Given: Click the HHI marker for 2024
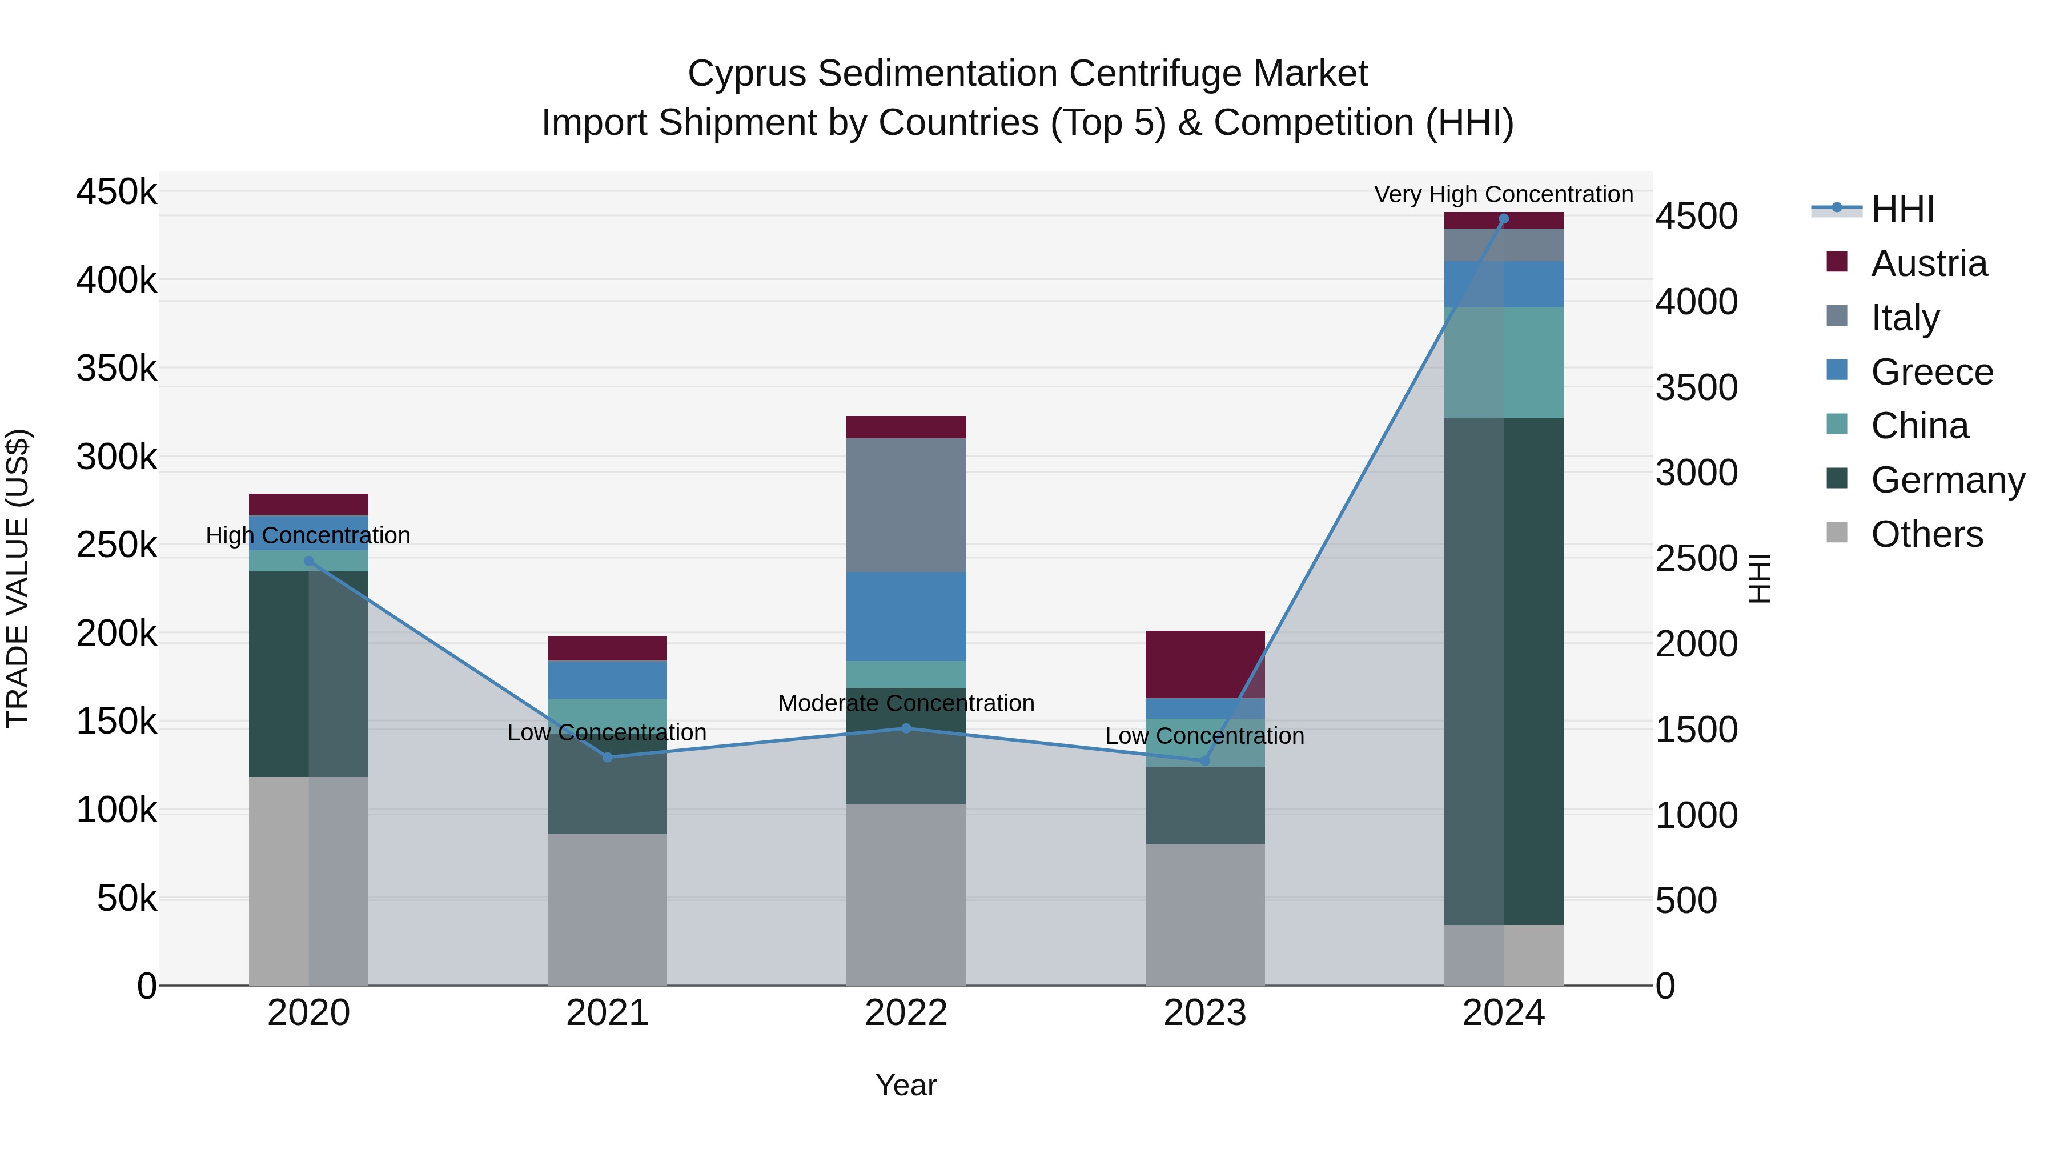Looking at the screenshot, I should [1504, 219].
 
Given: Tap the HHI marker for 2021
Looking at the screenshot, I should [608, 757].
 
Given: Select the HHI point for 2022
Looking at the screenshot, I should [906, 728].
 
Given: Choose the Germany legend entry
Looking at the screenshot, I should [1947, 480].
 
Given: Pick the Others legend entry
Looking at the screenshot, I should [1927, 534].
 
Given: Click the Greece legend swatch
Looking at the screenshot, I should [1837, 370].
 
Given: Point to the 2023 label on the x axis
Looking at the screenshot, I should [1204, 1013].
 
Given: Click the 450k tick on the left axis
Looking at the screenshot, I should [117, 193].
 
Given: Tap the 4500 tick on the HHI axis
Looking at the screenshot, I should [1696, 217].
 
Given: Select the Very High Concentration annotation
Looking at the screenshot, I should [1503, 194].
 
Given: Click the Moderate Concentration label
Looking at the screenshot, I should [906, 703].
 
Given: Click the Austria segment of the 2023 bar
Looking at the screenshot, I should [1204, 664].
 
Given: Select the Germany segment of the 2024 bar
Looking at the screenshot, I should [1504, 671].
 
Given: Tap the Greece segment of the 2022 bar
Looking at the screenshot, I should [906, 616].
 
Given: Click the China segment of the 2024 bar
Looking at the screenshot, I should [1504, 362].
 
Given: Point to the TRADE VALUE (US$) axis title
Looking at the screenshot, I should [18, 578].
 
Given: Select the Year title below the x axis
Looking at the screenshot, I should [906, 1085].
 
